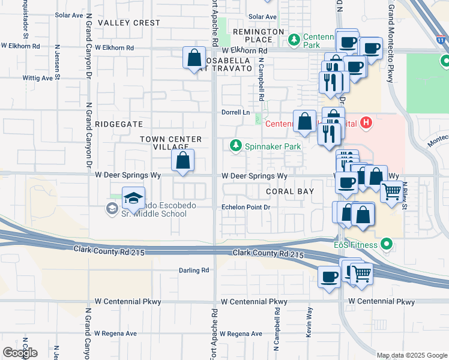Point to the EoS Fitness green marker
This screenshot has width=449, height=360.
(x=387, y=245)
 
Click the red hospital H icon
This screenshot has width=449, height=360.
(x=367, y=124)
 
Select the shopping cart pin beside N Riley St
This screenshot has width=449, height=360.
(x=392, y=192)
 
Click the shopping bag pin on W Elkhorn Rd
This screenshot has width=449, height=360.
(x=194, y=58)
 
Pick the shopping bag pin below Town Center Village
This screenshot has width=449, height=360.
(x=182, y=160)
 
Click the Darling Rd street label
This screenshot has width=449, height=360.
(x=194, y=271)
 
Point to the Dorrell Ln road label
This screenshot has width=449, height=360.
(x=237, y=112)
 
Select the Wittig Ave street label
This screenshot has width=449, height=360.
(x=38, y=78)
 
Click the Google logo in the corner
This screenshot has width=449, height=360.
(x=20, y=353)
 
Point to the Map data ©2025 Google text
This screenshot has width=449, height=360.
(x=411, y=355)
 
